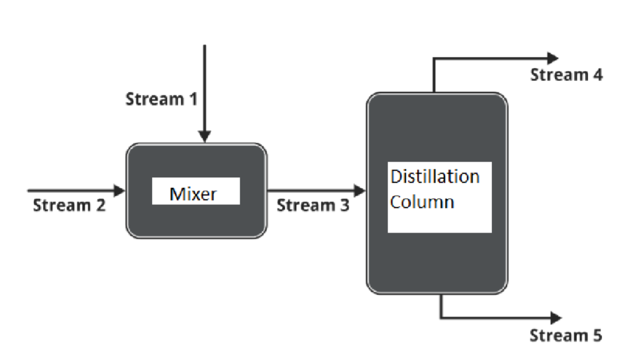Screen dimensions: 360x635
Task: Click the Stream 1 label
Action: (x=161, y=99)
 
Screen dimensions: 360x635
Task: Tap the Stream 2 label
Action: (x=69, y=206)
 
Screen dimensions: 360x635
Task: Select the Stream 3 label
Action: (x=312, y=206)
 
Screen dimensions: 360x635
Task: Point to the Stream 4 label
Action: (x=566, y=75)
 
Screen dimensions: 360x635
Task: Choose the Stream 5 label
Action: (x=565, y=335)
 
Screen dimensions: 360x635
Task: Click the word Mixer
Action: (x=193, y=194)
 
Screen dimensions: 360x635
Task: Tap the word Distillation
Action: (x=435, y=177)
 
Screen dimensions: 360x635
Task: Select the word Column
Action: (x=422, y=202)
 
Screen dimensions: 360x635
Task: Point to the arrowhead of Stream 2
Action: (x=120, y=191)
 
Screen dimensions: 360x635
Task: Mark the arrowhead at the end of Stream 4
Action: (x=553, y=58)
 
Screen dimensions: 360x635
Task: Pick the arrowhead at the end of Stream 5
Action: (x=555, y=318)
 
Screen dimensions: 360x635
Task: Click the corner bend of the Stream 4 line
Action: (x=434, y=59)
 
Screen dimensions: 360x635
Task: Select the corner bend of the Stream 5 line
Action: (x=442, y=317)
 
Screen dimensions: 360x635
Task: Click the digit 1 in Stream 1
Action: (x=192, y=99)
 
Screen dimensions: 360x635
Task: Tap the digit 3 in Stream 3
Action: (x=344, y=206)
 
